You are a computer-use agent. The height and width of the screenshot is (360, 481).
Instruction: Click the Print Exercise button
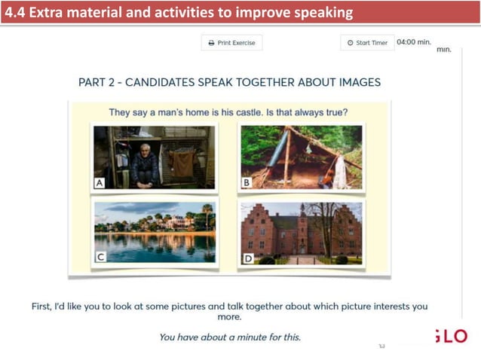tap(231, 43)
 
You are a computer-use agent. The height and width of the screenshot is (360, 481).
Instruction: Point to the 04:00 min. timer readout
tap(413, 42)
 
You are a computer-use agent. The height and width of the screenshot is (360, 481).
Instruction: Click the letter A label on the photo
tap(100, 182)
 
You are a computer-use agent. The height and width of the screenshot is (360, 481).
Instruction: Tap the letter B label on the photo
tap(246, 182)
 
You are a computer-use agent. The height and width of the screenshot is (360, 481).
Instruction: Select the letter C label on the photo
tap(100, 257)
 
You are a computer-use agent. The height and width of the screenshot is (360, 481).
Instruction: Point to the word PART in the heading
tap(94, 82)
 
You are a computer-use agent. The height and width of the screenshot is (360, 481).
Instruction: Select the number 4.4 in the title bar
tap(16, 12)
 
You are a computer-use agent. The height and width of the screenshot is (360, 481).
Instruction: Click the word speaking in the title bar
tap(323, 12)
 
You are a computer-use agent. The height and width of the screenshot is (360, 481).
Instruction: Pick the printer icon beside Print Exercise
tap(211, 43)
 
